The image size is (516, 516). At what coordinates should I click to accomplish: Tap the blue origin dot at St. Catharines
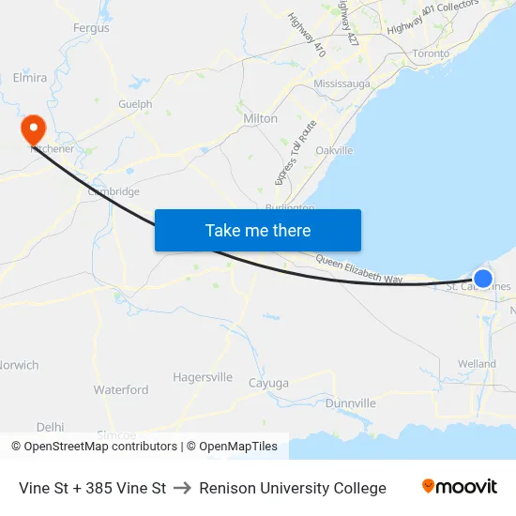pyautogui.click(x=483, y=278)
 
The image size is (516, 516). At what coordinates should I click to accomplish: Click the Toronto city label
pyautogui.click(x=431, y=53)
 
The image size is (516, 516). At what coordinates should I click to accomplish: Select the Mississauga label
pyautogui.click(x=341, y=83)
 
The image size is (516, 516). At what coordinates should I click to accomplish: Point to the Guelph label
pyautogui.click(x=135, y=104)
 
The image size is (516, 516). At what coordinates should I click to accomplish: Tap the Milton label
pyautogui.click(x=260, y=119)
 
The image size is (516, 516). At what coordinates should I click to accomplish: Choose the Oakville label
pyautogui.click(x=334, y=150)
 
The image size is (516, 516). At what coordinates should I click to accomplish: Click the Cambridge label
pyautogui.click(x=114, y=191)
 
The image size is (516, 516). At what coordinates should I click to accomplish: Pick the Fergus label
pyautogui.click(x=91, y=28)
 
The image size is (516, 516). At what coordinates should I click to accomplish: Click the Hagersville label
pyautogui.click(x=203, y=377)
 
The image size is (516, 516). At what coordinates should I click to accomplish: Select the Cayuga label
pyautogui.click(x=268, y=383)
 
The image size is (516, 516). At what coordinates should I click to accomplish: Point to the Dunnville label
pyautogui.click(x=351, y=403)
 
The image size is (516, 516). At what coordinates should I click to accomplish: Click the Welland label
pyautogui.click(x=477, y=364)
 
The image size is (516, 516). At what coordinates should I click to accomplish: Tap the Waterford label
pyautogui.click(x=121, y=389)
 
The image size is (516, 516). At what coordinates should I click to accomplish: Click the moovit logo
pyautogui.click(x=460, y=487)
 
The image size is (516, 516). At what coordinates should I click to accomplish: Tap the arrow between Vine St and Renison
pyautogui.click(x=183, y=488)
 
